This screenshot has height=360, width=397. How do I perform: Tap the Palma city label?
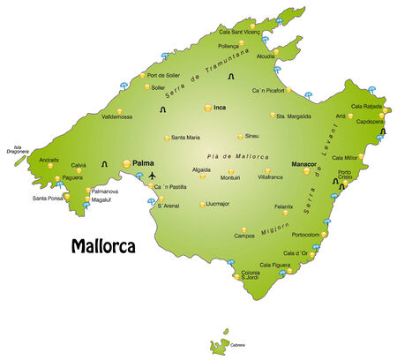tap(144, 162)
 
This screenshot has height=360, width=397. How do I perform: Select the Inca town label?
tap(221, 108)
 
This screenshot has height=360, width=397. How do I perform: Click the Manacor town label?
tap(304, 163)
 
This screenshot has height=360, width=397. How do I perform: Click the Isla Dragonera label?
tap(17, 150)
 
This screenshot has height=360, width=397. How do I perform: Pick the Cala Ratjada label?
tap(369, 105)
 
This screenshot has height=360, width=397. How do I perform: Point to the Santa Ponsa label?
tap(49, 198)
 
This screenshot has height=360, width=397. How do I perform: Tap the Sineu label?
tap(252, 136)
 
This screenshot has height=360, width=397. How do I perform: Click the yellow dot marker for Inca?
tap(207, 108)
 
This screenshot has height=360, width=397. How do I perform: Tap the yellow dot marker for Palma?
tap(127, 163)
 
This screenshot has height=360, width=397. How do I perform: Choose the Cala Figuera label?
tap(275, 264)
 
